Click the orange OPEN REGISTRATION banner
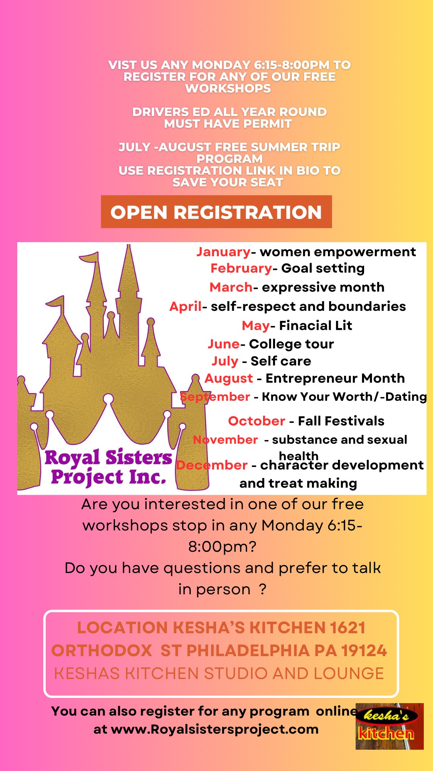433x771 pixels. coord(216,212)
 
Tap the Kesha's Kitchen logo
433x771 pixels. coord(389,726)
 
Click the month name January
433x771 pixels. coord(223,252)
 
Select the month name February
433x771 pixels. coord(241,268)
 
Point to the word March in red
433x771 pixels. coord(231,287)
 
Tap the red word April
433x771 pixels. coord(186,307)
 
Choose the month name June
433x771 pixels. coord(224,344)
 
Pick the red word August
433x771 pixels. coord(229,379)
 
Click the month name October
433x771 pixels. coord(257,421)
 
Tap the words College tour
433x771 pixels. coord(291,344)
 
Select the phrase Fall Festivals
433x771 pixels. coord(341,421)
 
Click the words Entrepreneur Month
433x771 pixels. coord(335,378)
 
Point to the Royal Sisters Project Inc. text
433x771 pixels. coord(108,467)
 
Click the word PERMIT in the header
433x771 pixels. coord(267,124)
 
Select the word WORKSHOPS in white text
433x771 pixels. coord(228,88)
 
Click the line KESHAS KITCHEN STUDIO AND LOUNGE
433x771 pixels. coord(219,673)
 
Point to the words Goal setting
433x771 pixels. coord(323,268)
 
